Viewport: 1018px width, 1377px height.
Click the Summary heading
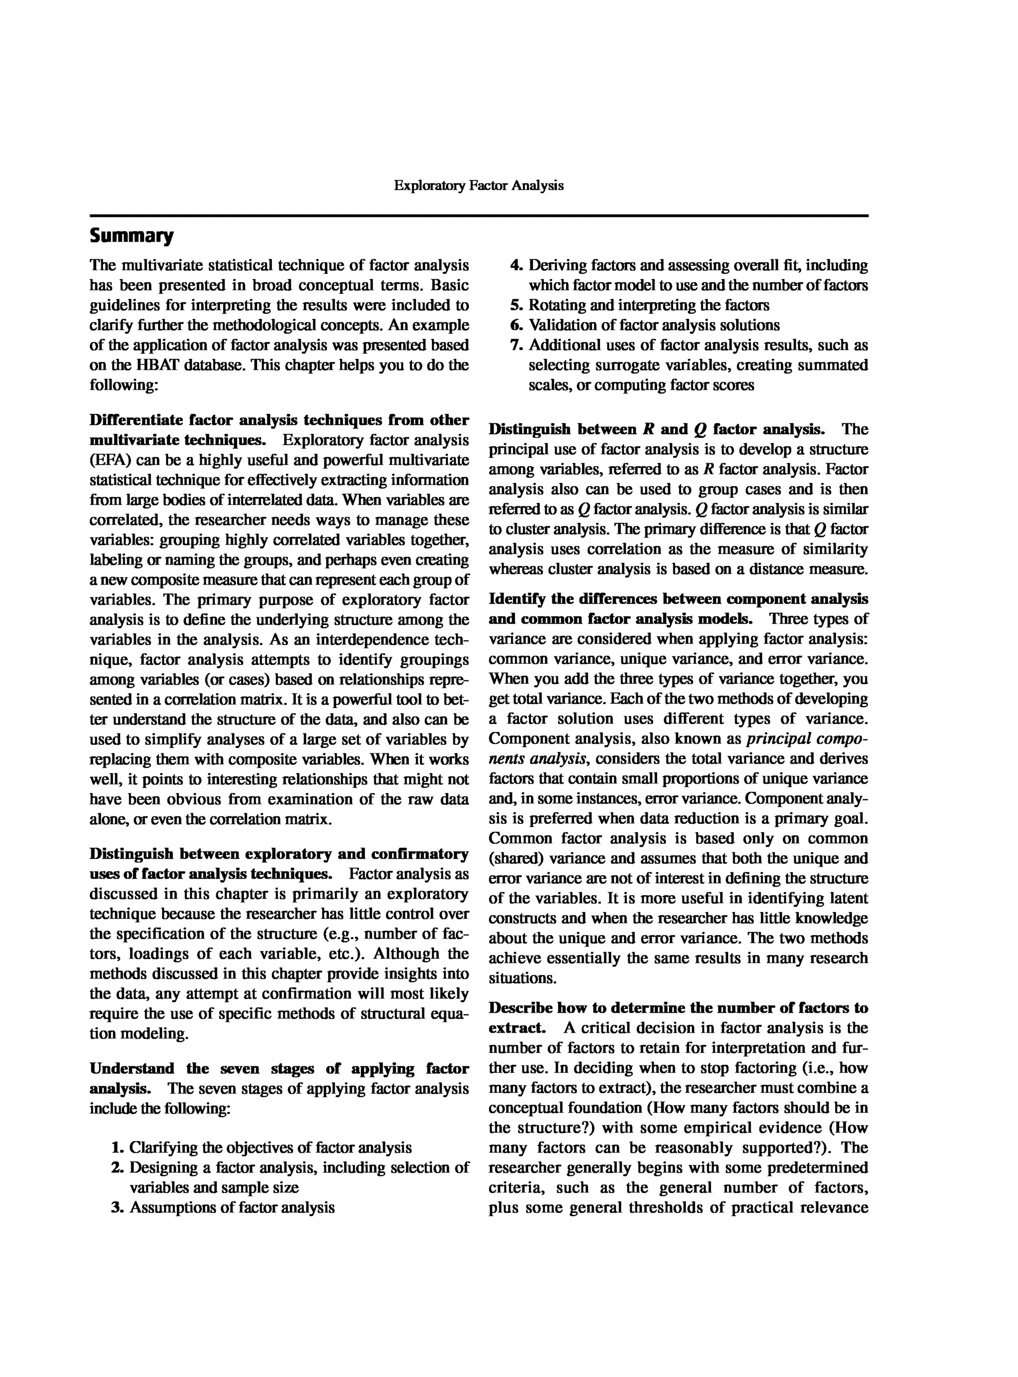coord(131,236)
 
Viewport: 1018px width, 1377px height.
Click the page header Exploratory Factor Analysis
coord(478,185)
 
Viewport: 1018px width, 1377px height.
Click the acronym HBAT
coord(160,365)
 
